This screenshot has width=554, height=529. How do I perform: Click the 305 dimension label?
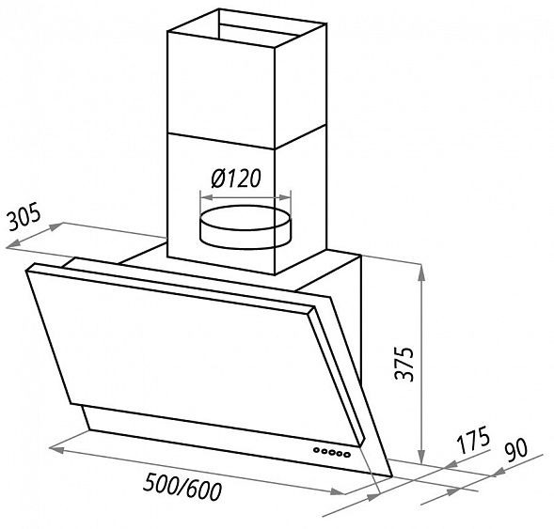pos(24,216)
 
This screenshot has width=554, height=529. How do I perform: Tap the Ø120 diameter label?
pos(236,179)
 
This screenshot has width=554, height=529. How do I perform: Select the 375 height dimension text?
pos(404,365)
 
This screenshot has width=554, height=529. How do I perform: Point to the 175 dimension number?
pos(473,440)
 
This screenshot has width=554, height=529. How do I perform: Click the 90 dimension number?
pos(516,449)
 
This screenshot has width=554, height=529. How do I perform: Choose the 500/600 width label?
pos(182,488)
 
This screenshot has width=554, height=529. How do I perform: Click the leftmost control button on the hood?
pos(316,449)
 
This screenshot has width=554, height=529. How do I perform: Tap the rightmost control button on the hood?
pos(347,455)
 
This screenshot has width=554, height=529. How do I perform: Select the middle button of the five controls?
pos(332,452)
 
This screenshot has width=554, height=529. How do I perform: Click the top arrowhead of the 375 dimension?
pos(421,272)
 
